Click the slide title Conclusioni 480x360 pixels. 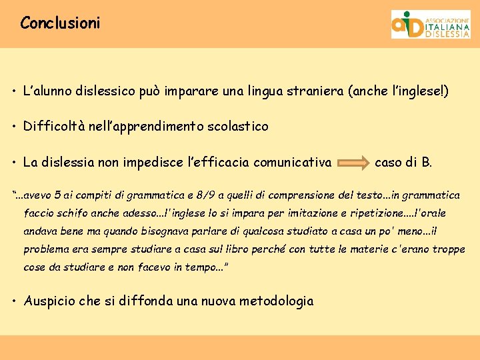coord(60,23)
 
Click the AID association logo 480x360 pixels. coord(430,24)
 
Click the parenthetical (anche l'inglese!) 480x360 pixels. coord(399,90)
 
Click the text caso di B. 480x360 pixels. coord(403,161)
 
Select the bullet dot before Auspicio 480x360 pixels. coord(15,301)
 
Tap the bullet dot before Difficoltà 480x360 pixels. coord(15,127)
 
